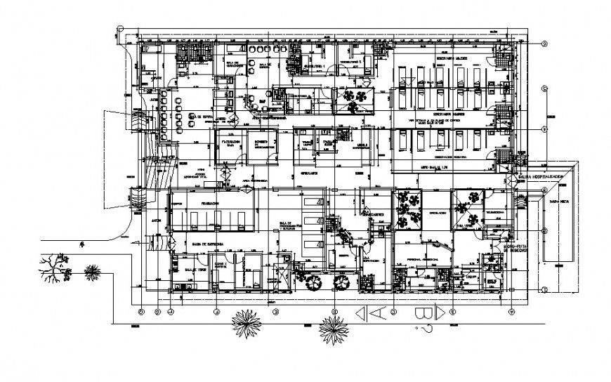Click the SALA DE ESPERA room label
coord(201,117)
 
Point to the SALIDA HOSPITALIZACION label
coord(546,176)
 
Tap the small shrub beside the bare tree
coord(91,271)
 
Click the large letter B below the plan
coord(423,313)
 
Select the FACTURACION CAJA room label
coord(232,142)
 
